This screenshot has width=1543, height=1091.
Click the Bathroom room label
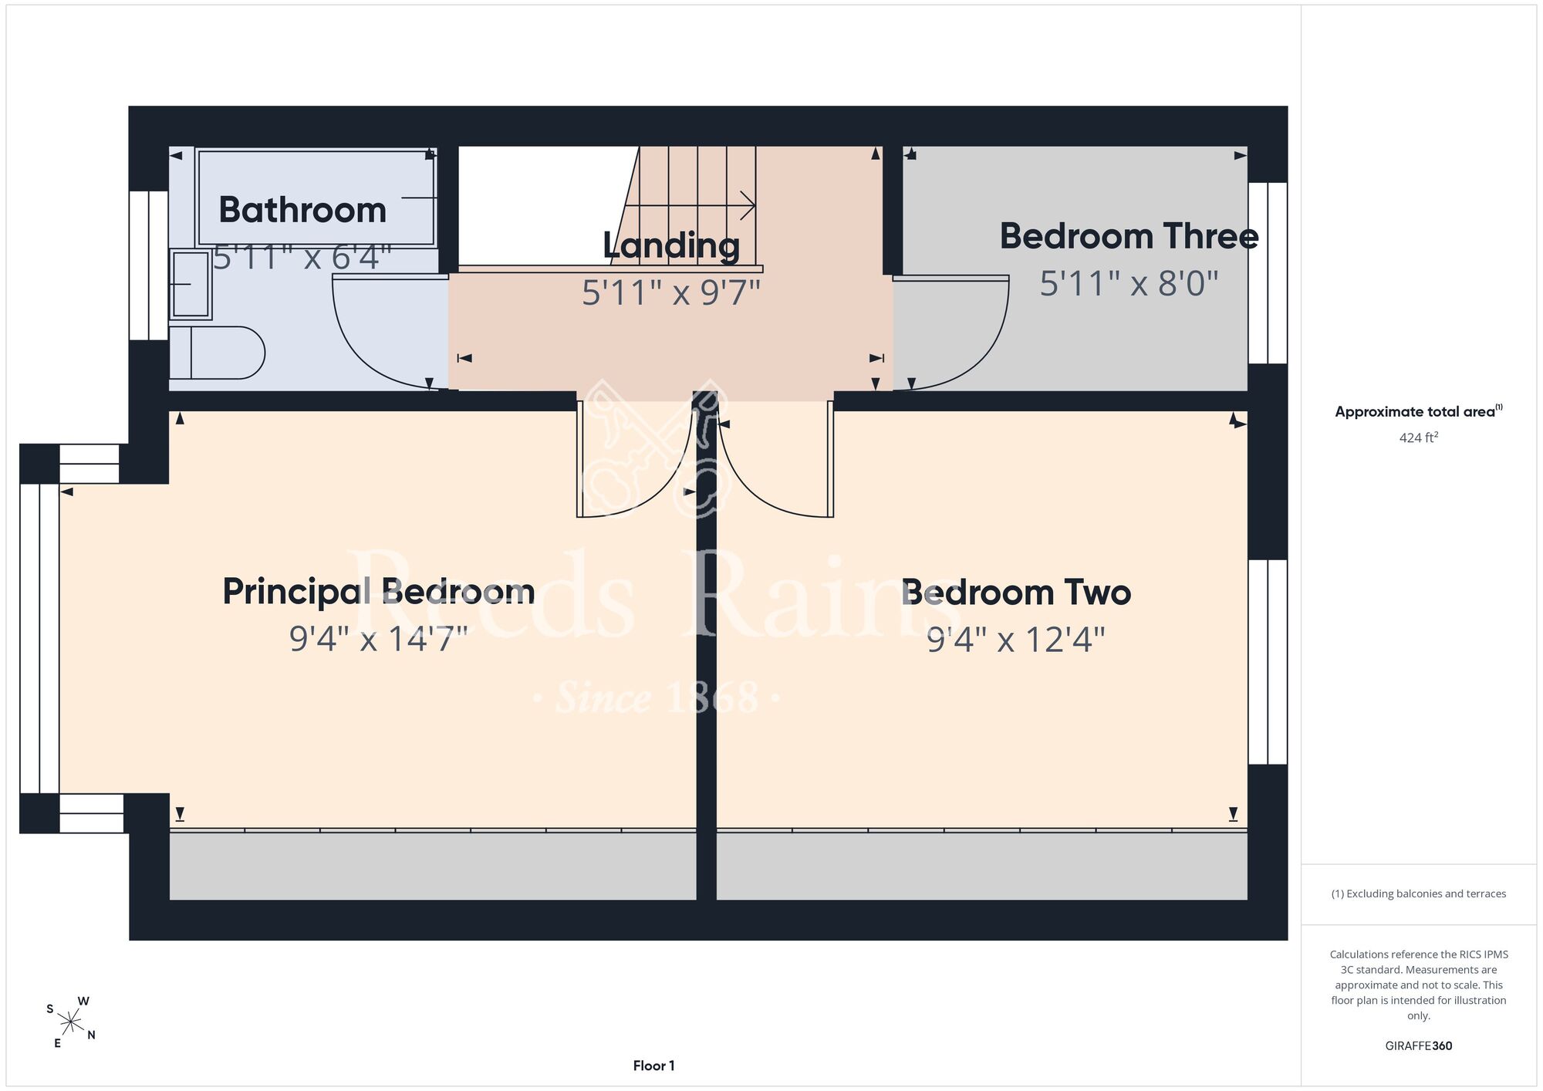(x=302, y=210)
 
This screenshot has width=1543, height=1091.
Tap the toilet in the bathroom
(x=217, y=353)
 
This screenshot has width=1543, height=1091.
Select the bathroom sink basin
(x=191, y=284)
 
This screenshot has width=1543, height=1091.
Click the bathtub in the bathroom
(x=316, y=198)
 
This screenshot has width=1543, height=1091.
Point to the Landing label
(x=671, y=246)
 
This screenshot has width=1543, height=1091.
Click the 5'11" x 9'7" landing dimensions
(x=671, y=293)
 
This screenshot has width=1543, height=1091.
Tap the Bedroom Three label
(x=1129, y=236)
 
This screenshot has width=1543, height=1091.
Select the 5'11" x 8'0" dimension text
(x=1129, y=284)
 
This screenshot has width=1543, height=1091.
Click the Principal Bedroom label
(x=379, y=593)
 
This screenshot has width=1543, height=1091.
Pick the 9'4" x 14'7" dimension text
(x=379, y=640)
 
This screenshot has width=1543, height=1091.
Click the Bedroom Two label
(x=1016, y=593)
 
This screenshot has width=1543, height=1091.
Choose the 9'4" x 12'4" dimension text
(x=1016, y=640)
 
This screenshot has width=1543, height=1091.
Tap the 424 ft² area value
(x=1419, y=437)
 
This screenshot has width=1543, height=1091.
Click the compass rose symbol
(x=71, y=1023)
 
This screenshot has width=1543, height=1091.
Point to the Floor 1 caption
(x=654, y=1066)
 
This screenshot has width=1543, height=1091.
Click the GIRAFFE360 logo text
(x=1419, y=1046)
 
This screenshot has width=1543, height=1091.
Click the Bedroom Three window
(x=1268, y=273)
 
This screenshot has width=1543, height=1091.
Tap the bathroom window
(x=149, y=265)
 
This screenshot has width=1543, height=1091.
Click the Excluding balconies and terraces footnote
(x=1419, y=893)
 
